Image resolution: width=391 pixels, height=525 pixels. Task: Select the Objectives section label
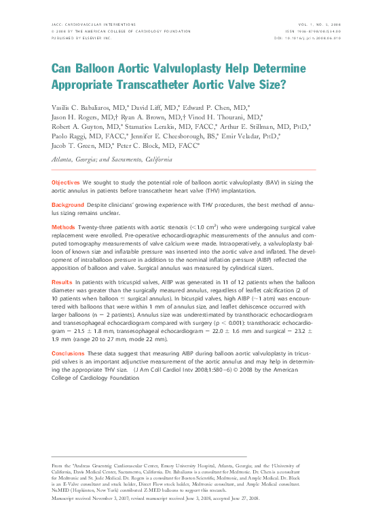point(66,183)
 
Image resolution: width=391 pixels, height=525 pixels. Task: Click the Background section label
point(68,204)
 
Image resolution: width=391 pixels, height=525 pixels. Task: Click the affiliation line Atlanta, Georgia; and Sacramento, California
point(112,159)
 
